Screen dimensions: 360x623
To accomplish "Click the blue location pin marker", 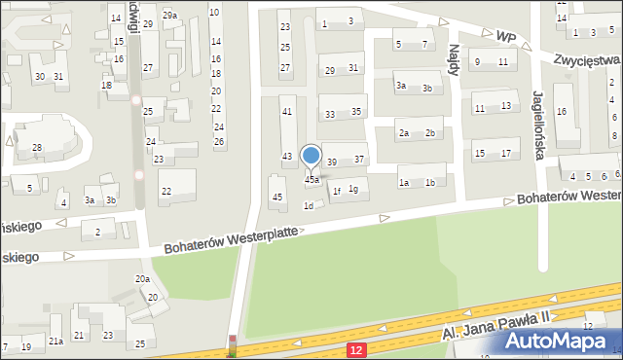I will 311,156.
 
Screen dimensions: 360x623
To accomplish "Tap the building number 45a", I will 311,180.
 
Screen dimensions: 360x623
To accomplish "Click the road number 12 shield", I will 358,348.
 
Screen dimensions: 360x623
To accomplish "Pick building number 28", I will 37,148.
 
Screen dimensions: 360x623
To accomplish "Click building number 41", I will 286,112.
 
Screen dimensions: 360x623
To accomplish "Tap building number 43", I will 287,157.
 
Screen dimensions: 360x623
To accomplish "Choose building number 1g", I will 353,189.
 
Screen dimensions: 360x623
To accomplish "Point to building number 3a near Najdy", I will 400,87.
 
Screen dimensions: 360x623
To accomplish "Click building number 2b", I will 430,133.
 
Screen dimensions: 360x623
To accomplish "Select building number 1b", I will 430,183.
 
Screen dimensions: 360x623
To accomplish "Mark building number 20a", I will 142,279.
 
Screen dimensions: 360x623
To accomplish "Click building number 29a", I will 169,16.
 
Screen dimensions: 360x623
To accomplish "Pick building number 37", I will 359,160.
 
